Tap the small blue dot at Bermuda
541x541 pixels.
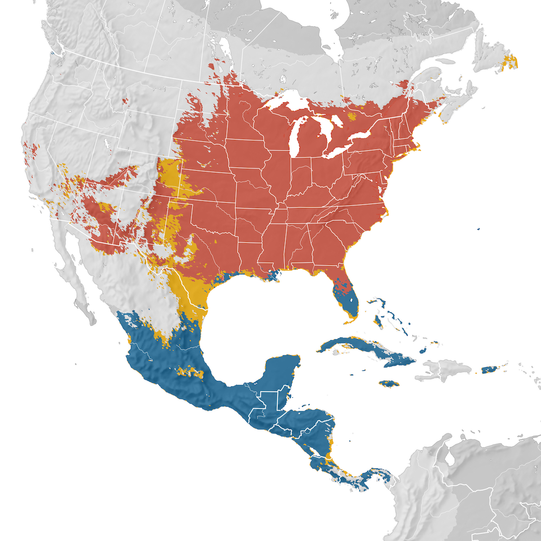478,229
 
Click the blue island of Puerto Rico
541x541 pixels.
489,370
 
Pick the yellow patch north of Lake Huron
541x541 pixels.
352,117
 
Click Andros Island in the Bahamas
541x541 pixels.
379,321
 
